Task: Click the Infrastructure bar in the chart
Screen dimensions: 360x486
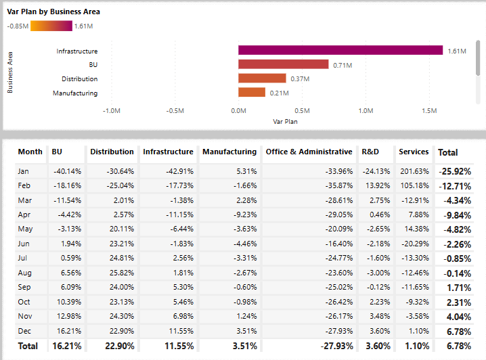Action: click(340, 51)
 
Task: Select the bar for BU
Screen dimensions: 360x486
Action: click(283, 64)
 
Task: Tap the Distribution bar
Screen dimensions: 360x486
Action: click(262, 78)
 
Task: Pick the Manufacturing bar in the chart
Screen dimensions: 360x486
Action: click(251, 93)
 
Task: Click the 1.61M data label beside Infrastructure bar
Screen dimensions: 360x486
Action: click(457, 51)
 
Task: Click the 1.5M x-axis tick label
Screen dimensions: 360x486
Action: click(429, 110)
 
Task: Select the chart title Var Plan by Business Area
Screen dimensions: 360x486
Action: click(54, 12)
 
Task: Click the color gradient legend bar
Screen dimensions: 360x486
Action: click(51, 26)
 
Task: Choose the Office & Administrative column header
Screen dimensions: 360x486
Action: click(309, 152)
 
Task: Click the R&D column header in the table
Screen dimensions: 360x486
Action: click(370, 152)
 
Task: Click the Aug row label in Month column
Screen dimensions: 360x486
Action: click(24, 273)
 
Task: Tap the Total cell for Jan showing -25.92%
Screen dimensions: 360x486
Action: click(454, 172)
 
